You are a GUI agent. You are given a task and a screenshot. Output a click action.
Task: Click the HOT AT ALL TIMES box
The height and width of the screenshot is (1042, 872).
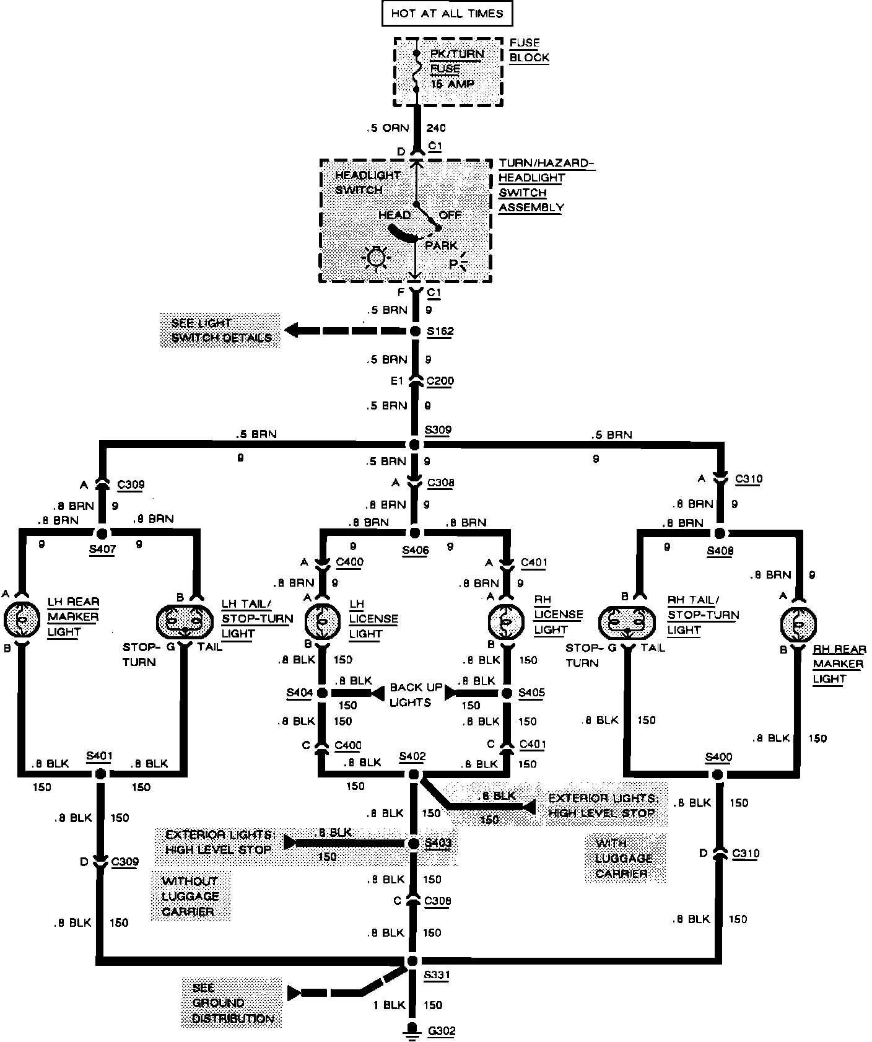[447, 14]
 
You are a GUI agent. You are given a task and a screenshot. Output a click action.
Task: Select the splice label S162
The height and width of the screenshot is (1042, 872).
[440, 331]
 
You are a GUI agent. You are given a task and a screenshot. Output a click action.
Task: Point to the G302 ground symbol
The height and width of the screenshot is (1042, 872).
[411, 1030]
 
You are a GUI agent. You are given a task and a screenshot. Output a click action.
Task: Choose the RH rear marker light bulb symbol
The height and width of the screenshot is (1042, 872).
[798, 623]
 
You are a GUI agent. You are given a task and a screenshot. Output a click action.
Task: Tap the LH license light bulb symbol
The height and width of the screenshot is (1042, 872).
[322, 620]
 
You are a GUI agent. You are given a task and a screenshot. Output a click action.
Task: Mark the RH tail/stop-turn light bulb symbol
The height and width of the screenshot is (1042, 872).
[627, 623]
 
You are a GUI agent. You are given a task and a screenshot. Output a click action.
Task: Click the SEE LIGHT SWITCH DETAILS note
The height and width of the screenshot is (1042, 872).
[220, 331]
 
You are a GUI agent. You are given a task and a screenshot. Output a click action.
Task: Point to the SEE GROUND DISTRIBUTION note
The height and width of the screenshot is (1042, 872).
[232, 1002]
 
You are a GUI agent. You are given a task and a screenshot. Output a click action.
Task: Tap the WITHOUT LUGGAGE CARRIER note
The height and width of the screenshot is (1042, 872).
[190, 896]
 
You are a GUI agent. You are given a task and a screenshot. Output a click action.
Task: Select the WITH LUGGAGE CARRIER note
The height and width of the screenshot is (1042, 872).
[624, 858]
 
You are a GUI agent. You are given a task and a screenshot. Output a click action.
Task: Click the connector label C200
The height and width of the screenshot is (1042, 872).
[440, 381]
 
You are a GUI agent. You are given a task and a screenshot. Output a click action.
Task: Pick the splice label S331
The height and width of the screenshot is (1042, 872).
[437, 974]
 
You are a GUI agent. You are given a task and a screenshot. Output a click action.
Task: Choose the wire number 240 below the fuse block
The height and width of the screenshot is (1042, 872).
[436, 128]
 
